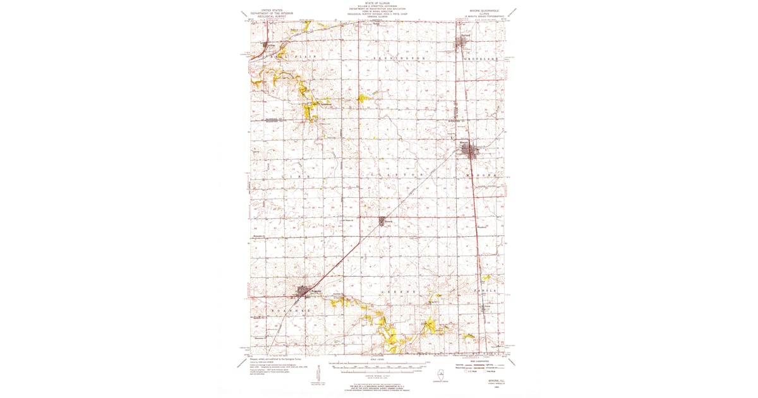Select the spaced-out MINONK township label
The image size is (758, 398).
point(483,173)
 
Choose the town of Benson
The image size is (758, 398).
point(384,221)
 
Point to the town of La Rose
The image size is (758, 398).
point(267,47)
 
